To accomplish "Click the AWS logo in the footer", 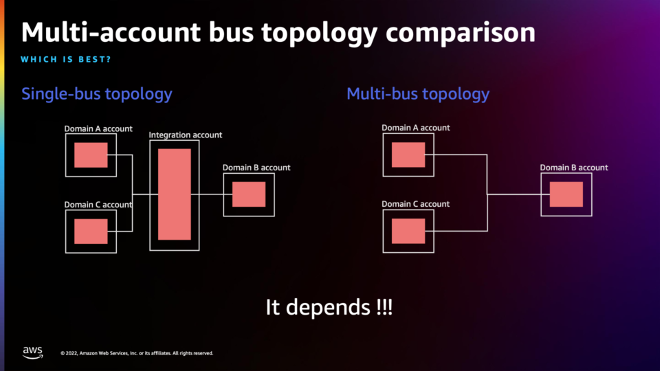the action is pyautogui.click(x=32, y=352).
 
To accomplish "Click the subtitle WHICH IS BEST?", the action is pyautogui.click(x=66, y=59).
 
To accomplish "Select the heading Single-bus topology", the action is pyautogui.click(x=97, y=94).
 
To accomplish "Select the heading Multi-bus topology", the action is pyautogui.click(x=418, y=94).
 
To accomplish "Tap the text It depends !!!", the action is pyautogui.click(x=329, y=307).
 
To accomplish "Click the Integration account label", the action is pyautogui.click(x=185, y=135).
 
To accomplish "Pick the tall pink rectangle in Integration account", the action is pyautogui.click(x=174, y=194).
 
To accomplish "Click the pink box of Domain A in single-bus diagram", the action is pyautogui.click(x=91, y=155).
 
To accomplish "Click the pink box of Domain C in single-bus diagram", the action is pyautogui.click(x=91, y=232).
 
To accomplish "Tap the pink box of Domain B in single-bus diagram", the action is pyautogui.click(x=249, y=194).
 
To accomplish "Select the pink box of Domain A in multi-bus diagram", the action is pyautogui.click(x=408, y=155).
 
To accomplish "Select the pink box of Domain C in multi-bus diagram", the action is pyautogui.click(x=408, y=231).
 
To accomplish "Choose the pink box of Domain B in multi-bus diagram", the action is pyautogui.click(x=566, y=194).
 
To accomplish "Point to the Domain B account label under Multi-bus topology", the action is pyautogui.click(x=573, y=168).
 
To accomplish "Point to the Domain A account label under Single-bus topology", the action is pyautogui.click(x=98, y=128).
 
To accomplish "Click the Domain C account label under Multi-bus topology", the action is pyautogui.click(x=415, y=204).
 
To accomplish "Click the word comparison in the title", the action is pyautogui.click(x=461, y=33).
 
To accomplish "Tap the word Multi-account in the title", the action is pyautogui.click(x=111, y=32).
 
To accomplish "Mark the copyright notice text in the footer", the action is pyautogui.click(x=137, y=353).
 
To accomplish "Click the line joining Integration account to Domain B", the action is pyautogui.click(x=211, y=194).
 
